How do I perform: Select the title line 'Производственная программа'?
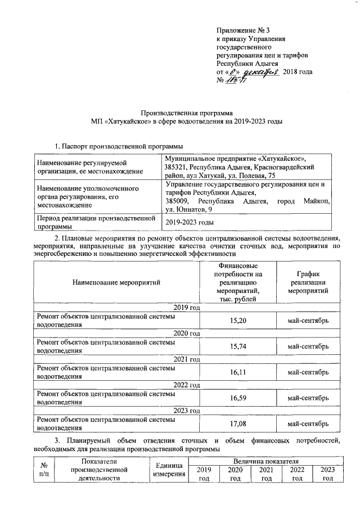tap(187, 112)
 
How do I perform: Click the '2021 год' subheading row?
tap(187, 359)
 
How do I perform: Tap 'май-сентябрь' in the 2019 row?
tap(308, 321)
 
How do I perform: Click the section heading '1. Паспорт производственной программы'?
tap(120, 147)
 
